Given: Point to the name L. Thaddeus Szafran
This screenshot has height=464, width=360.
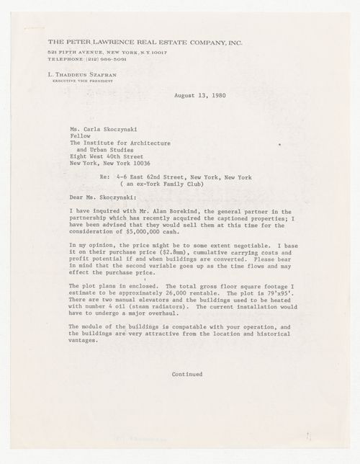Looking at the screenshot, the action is (x=75, y=74).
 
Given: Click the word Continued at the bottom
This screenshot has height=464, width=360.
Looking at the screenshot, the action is (x=188, y=374).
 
